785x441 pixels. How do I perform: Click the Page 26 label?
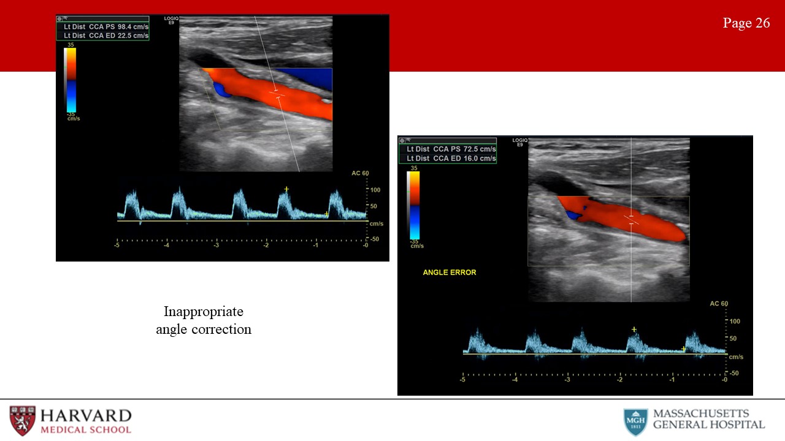pos(746,23)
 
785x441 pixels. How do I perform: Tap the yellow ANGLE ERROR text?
pos(450,273)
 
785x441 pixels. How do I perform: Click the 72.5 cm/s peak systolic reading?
pos(480,149)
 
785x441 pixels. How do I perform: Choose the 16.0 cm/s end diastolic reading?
pos(480,158)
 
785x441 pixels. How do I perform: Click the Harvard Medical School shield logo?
pos(23,420)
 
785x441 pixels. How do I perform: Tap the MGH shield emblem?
pos(635,422)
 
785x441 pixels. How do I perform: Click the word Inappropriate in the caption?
pos(204,312)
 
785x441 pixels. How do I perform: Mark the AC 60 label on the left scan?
pos(360,173)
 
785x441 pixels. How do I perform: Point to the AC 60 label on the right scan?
pos(719,303)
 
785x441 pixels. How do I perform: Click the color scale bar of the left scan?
pos(70,80)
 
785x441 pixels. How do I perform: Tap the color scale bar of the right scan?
pos(413,205)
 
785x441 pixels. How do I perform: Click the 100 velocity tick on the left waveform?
pos(375,190)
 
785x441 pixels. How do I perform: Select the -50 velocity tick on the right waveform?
pos(734,373)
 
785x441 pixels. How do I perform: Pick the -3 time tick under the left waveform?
pos(216,245)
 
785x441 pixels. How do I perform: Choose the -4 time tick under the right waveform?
pos(515,379)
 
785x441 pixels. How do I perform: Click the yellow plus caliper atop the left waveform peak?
pos(286,189)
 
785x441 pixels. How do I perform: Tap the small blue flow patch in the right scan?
pos(574,214)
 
